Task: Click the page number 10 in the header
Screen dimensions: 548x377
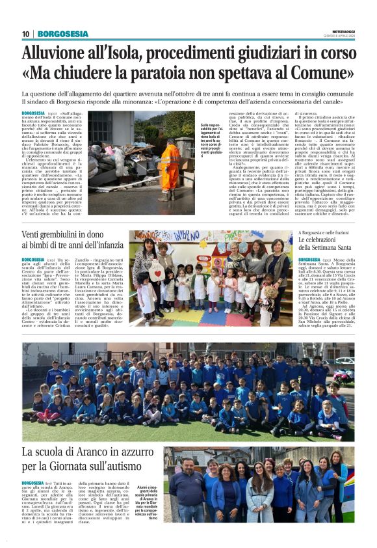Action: coord(26,34)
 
